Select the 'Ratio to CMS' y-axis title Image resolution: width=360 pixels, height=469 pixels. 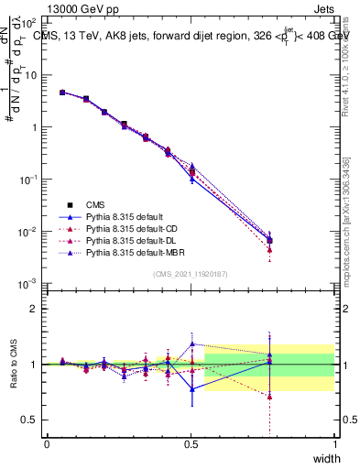(x=16, y=364)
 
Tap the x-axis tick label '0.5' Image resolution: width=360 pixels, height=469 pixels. (x=191, y=443)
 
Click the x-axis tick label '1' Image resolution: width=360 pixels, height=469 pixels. (x=334, y=443)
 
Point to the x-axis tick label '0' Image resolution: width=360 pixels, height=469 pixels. (x=47, y=443)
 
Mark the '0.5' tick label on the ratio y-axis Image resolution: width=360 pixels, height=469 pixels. (x=28, y=420)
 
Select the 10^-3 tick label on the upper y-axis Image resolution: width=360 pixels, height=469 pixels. (x=28, y=284)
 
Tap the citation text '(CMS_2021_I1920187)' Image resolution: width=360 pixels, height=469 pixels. (x=191, y=273)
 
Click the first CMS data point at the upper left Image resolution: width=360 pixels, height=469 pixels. (x=62, y=93)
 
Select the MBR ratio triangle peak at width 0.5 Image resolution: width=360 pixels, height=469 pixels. (x=191, y=344)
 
